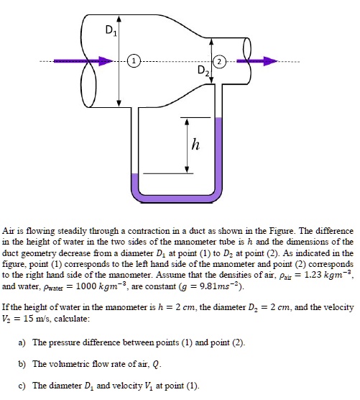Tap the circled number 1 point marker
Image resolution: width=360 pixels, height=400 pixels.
(134, 60)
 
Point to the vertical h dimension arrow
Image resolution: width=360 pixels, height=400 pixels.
(188, 144)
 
